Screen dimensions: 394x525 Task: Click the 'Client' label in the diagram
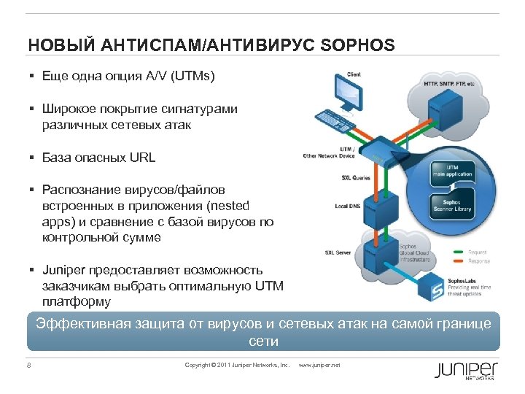point(354,74)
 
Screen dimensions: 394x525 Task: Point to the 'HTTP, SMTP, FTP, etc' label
point(448,84)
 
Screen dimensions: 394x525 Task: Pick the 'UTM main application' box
point(451,171)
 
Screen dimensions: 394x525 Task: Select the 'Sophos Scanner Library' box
point(452,204)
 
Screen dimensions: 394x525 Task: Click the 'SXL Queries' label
point(356,177)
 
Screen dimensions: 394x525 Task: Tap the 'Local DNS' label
point(348,206)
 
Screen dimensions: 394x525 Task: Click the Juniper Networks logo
point(466,370)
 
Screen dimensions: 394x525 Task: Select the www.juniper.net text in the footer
point(320,365)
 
